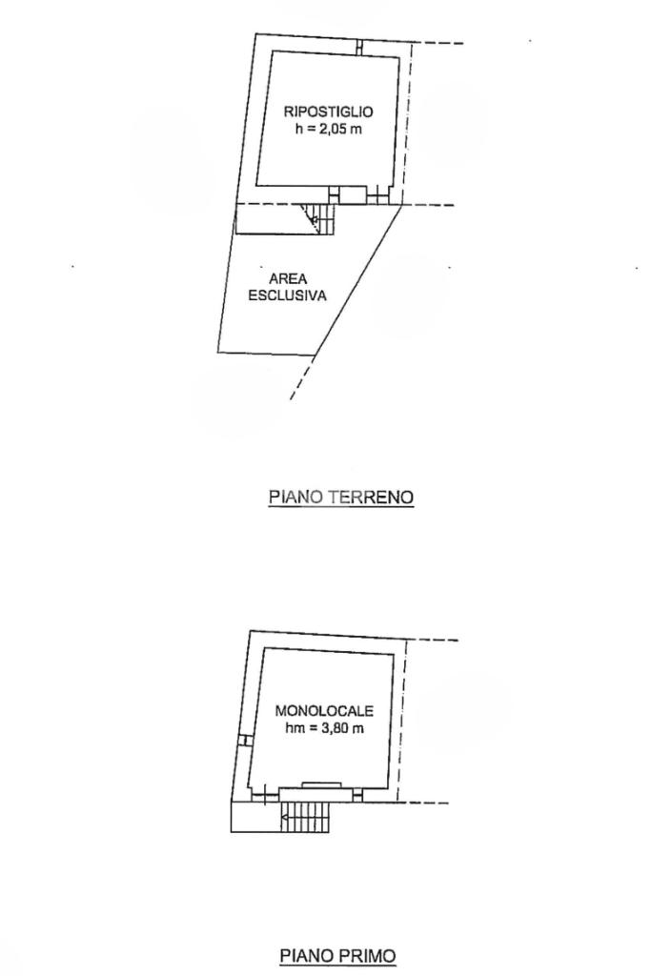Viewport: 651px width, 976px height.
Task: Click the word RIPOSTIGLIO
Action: pos(321,112)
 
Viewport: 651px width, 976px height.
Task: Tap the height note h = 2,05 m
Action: pos(322,129)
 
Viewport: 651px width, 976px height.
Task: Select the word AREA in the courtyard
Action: pos(287,279)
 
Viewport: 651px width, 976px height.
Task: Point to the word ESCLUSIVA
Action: pos(287,295)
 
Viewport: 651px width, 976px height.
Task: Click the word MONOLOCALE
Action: pos(324,711)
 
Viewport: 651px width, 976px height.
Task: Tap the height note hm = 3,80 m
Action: pos(324,728)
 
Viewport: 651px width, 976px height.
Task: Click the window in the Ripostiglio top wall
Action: pos(359,46)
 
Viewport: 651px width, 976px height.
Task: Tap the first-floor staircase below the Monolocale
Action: pos(305,817)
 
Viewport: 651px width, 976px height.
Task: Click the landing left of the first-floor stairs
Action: pos(254,817)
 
